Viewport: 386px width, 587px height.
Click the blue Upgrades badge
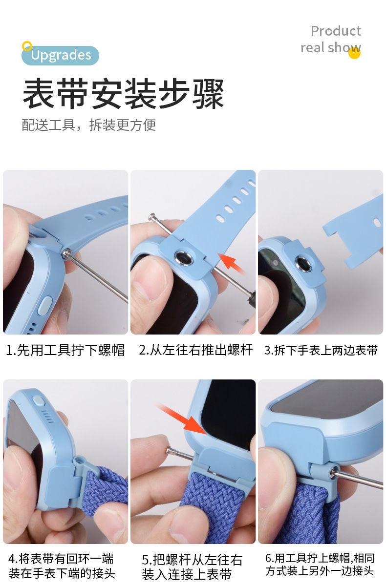[x=60, y=55]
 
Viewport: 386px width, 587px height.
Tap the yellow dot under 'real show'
[x=354, y=53]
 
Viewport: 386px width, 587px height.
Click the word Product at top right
[x=336, y=31]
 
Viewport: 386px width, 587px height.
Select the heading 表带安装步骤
[x=123, y=94]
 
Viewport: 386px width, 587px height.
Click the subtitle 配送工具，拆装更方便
[x=89, y=125]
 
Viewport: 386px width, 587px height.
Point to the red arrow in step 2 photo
[x=231, y=263]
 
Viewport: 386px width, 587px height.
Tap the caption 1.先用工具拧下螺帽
[x=65, y=350]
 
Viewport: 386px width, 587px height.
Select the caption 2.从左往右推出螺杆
[x=195, y=350]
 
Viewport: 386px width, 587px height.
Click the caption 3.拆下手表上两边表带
[x=321, y=350]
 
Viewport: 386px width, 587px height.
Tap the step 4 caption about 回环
[x=62, y=566]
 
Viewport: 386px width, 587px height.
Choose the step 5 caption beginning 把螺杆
[x=192, y=566]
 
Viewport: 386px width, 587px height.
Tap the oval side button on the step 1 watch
[x=45, y=305]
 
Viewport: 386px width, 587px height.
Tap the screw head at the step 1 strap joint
[x=66, y=253]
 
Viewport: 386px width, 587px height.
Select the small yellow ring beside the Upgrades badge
[x=27, y=46]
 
